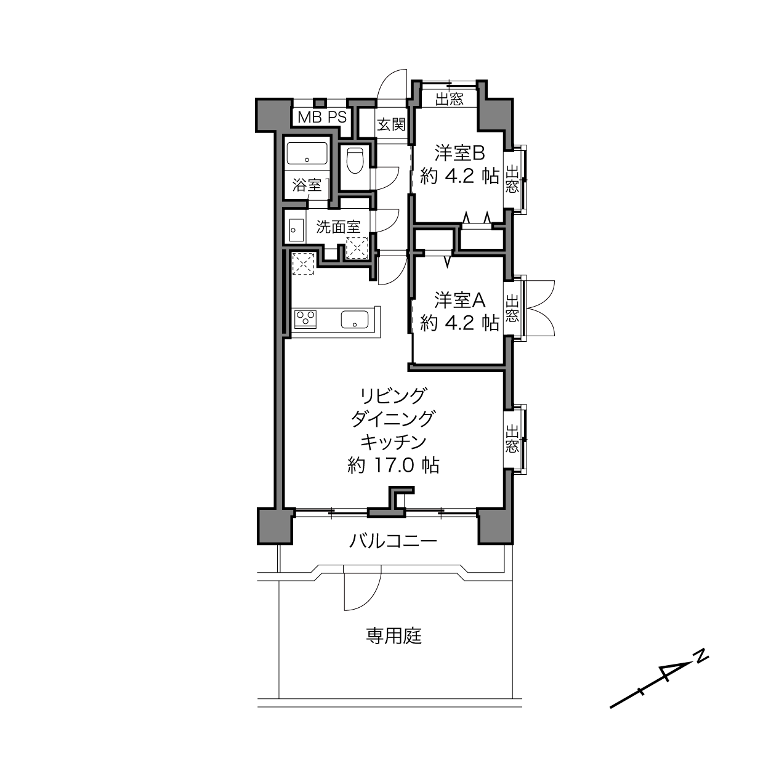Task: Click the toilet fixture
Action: (x=354, y=161)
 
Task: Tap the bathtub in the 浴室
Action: (x=307, y=153)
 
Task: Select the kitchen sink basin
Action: (x=355, y=319)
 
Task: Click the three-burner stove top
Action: (x=305, y=319)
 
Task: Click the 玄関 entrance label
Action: (x=391, y=125)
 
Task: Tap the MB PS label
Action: (x=322, y=118)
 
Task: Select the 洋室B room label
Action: (x=460, y=153)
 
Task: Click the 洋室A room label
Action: (x=460, y=300)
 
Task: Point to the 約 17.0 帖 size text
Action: (x=394, y=466)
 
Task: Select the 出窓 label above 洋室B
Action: (x=450, y=99)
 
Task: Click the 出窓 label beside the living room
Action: (x=512, y=439)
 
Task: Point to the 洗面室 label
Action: (x=338, y=227)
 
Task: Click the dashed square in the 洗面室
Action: (x=357, y=248)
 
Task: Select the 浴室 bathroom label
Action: (x=307, y=185)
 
